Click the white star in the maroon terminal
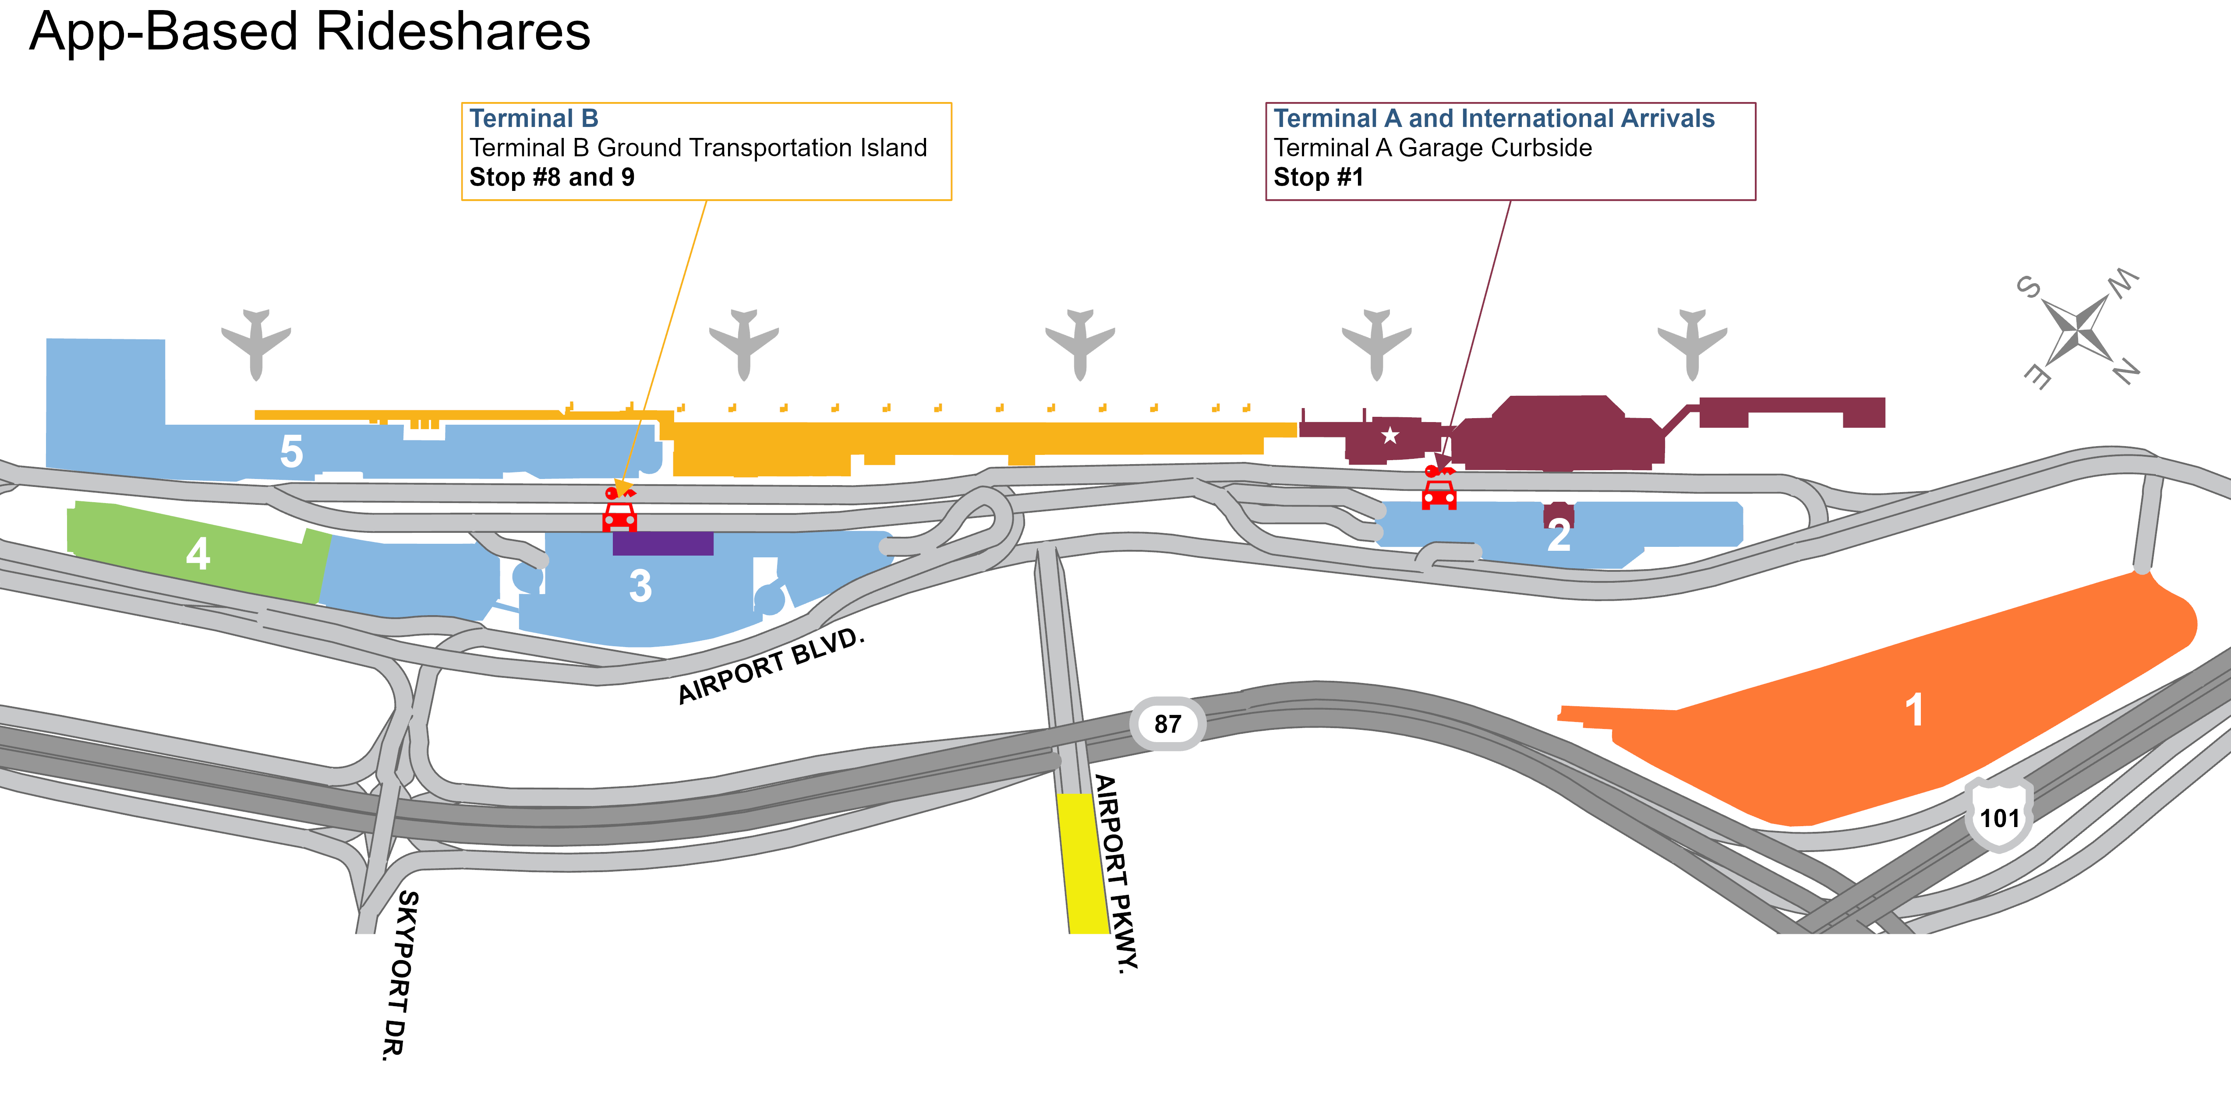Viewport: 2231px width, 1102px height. coord(1390,436)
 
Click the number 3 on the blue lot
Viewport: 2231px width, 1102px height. coord(640,586)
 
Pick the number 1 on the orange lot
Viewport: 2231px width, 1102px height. coord(1914,710)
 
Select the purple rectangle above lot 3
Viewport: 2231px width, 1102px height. coord(662,543)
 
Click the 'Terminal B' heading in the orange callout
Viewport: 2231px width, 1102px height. coord(534,119)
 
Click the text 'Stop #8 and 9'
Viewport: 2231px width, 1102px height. coord(552,177)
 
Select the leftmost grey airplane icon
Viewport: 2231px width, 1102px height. coord(255,344)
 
